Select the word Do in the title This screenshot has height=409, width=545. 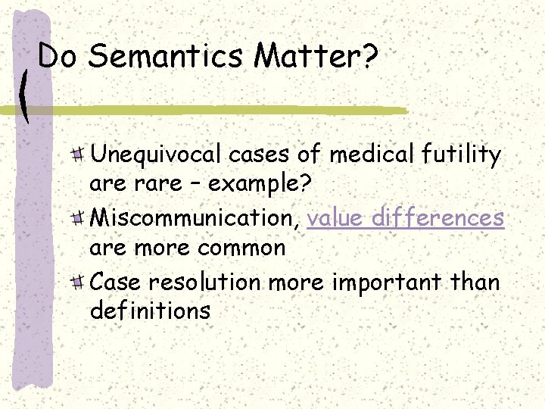tap(59, 55)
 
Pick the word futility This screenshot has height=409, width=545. tap(463, 155)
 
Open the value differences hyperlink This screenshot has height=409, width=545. tap(406, 218)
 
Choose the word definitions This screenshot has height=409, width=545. tap(150, 310)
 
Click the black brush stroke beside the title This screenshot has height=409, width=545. tap(26, 96)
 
